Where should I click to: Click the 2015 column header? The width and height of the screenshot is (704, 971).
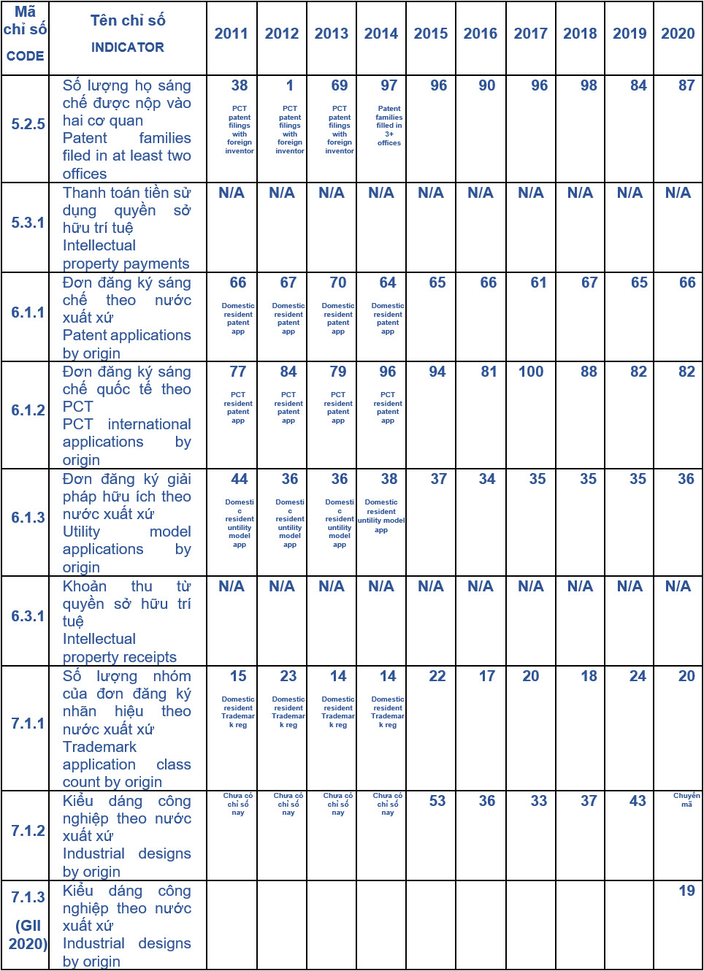pos(431,34)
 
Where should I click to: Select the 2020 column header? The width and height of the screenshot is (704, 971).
pos(678,34)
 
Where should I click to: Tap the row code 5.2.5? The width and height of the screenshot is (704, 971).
pos(28,124)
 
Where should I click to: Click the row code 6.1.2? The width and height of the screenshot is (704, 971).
pos(28,410)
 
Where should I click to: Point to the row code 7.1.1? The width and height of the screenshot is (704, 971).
pos(28,724)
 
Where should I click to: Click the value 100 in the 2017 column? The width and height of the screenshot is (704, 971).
pos(531,372)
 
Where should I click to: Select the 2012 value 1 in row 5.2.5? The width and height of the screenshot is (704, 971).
pos(289,85)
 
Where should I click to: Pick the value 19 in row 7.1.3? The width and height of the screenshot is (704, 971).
pos(686,891)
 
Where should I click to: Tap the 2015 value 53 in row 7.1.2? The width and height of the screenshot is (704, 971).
pos(437,801)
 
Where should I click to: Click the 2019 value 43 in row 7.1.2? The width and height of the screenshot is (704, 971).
pos(638,801)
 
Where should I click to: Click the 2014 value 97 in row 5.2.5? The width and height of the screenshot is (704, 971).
pos(389,85)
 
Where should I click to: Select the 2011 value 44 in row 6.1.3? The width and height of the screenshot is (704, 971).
pos(239,479)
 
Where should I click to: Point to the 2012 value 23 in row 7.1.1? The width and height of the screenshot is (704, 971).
pos(288,676)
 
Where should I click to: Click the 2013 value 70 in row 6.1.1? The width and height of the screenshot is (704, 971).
pos(338,283)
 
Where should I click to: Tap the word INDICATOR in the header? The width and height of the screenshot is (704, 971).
pos(128,47)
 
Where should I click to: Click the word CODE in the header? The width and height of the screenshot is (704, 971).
pos(25,56)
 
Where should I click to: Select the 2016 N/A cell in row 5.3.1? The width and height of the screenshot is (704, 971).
pos(480,193)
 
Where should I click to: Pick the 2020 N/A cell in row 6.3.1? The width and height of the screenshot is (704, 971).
pos(678,586)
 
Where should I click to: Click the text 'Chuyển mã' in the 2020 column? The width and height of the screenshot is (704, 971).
pos(686,799)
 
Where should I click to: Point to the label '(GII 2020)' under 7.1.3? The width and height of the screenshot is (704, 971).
pos(28,934)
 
